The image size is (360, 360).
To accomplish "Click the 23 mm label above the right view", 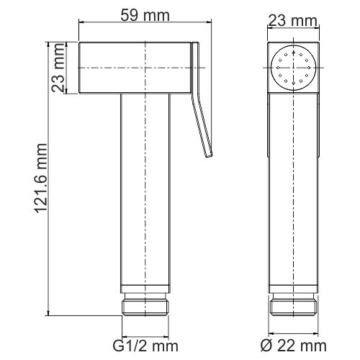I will pos(293,20).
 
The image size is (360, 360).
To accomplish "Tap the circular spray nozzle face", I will pos(294,70).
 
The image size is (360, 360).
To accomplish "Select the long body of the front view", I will pos(294,194).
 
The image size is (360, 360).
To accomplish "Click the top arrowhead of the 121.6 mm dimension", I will pos(48,45).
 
